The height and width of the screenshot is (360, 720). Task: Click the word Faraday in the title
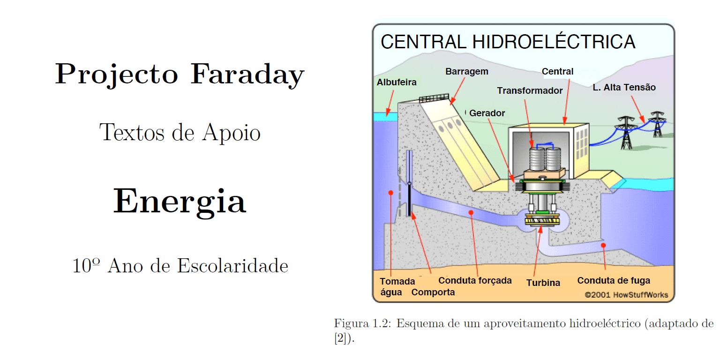click(247, 75)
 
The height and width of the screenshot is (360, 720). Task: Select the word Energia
click(180, 202)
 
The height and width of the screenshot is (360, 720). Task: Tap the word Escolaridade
click(232, 266)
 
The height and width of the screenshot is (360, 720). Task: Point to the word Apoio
click(231, 133)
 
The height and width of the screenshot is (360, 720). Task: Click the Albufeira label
click(396, 82)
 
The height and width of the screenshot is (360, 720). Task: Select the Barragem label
click(467, 72)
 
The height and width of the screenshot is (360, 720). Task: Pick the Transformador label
click(530, 90)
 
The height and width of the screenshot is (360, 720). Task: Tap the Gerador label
click(487, 113)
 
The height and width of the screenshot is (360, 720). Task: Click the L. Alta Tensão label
click(624, 88)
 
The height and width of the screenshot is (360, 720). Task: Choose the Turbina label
click(543, 283)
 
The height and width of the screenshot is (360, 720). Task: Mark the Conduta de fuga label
click(614, 281)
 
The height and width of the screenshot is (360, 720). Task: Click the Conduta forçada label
click(475, 281)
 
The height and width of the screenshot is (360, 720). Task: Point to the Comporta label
click(433, 292)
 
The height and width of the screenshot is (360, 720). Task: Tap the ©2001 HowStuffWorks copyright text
click(626, 295)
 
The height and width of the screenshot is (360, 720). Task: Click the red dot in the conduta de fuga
click(603, 245)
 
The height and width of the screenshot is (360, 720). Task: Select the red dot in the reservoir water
click(390, 193)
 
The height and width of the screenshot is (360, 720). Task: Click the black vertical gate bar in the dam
click(409, 199)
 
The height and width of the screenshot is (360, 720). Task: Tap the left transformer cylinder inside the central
click(536, 159)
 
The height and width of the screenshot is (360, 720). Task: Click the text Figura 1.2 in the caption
click(362, 323)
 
